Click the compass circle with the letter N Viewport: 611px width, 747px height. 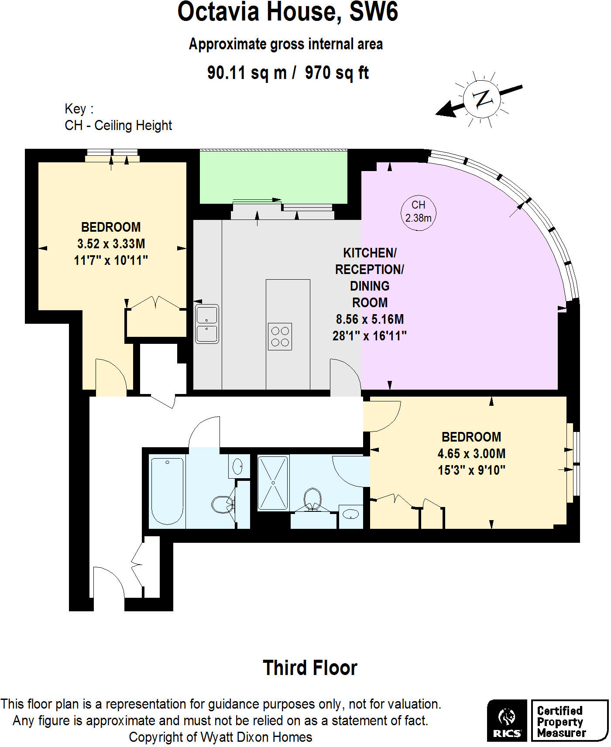pyautogui.click(x=481, y=99)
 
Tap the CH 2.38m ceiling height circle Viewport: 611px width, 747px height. pyautogui.click(x=418, y=212)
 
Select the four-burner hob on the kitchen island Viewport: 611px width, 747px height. pyautogui.click(x=280, y=336)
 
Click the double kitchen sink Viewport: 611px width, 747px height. pyautogui.click(x=207, y=324)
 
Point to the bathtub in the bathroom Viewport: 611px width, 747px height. pyautogui.click(x=167, y=490)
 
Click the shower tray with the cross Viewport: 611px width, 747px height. pyautogui.click(x=273, y=483)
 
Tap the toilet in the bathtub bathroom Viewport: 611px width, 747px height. pyautogui.click(x=223, y=504)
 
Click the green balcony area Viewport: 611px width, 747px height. pyautogui.click(x=274, y=176)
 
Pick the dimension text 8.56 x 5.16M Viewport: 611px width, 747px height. pyautogui.click(x=370, y=319)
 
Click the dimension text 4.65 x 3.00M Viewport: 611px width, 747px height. pyautogui.click(x=471, y=453)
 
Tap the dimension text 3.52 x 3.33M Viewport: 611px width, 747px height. pyautogui.click(x=111, y=243)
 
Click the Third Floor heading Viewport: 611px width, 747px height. pyautogui.click(x=310, y=668)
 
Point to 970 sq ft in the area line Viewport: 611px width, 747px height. pyautogui.click(x=336, y=72)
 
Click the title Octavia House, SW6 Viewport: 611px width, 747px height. pyautogui.click(x=288, y=12)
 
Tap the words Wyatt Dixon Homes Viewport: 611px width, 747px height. pyautogui.click(x=256, y=737)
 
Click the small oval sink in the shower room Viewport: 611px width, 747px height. pyautogui.click(x=350, y=514)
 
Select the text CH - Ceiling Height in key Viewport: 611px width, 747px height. pyautogui.click(x=118, y=126)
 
